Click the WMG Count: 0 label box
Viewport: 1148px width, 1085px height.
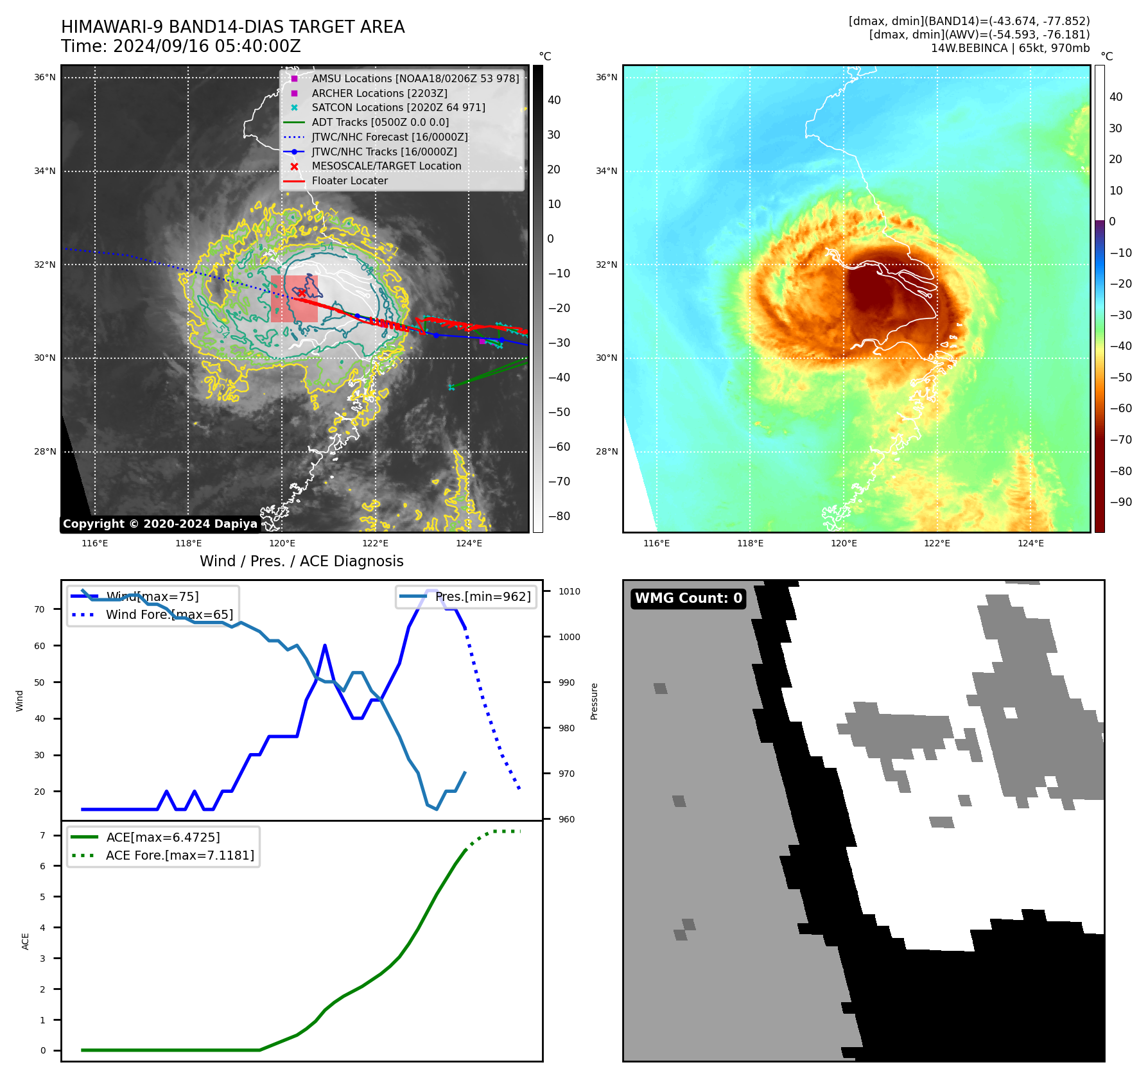point(688,598)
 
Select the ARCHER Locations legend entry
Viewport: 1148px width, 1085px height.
point(379,93)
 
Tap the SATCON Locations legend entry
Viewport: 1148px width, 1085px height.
point(398,108)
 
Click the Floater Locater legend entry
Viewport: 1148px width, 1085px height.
point(349,181)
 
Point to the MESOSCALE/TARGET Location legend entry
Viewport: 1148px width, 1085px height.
point(386,166)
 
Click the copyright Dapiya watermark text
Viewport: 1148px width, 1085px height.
point(160,524)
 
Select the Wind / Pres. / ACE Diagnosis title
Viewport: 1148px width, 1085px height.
point(301,561)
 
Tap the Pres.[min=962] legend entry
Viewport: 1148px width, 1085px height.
point(482,597)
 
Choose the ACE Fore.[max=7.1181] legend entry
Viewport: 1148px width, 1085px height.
point(179,856)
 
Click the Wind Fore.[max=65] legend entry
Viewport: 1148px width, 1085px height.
point(169,615)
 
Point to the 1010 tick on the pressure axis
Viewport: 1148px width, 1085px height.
point(569,591)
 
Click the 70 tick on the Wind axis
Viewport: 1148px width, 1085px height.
point(40,609)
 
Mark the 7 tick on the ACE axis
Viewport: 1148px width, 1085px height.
point(42,835)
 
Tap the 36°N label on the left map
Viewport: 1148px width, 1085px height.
point(45,78)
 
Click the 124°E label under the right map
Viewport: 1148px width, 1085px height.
point(1031,544)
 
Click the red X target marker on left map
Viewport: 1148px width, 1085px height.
point(301,293)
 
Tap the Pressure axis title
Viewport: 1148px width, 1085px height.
point(595,701)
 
